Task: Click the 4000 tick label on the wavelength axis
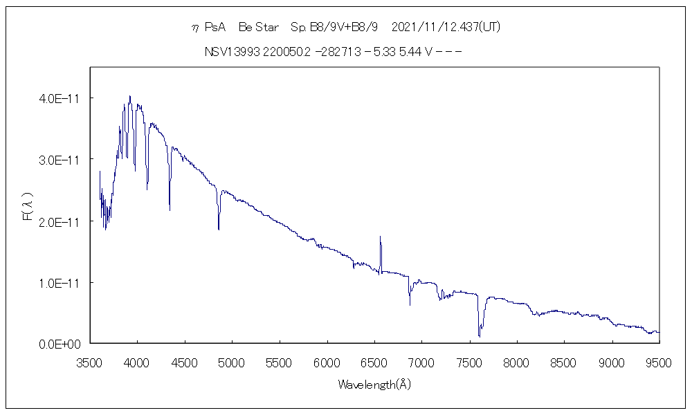tap(137, 361)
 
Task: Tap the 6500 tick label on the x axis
tap(374, 361)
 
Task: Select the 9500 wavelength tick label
tap(659, 361)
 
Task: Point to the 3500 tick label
tap(90, 361)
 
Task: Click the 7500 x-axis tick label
tap(469, 361)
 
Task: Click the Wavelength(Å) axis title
tap(374, 385)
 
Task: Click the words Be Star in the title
tap(258, 28)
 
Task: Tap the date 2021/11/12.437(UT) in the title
tap(446, 28)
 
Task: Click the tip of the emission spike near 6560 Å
tap(380, 237)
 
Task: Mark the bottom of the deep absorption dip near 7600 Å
tap(479, 336)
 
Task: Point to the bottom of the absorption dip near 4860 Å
tap(219, 229)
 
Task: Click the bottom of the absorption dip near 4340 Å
tap(170, 210)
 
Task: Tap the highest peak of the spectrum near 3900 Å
tap(129, 96)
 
